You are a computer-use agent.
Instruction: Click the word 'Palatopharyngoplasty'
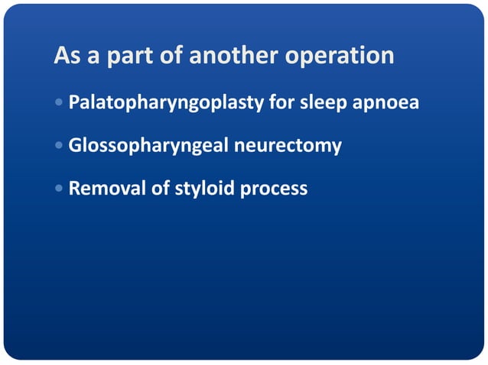pyautogui.click(x=167, y=102)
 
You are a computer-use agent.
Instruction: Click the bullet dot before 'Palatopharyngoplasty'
pyautogui.click(x=60, y=102)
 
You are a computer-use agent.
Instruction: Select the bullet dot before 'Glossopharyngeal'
pyautogui.click(x=60, y=145)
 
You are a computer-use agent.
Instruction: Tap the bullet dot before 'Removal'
pyautogui.click(x=60, y=189)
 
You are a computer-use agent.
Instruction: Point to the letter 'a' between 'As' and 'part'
pyautogui.click(x=94, y=59)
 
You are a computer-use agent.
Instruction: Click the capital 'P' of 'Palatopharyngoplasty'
pyautogui.click(x=74, y=102)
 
